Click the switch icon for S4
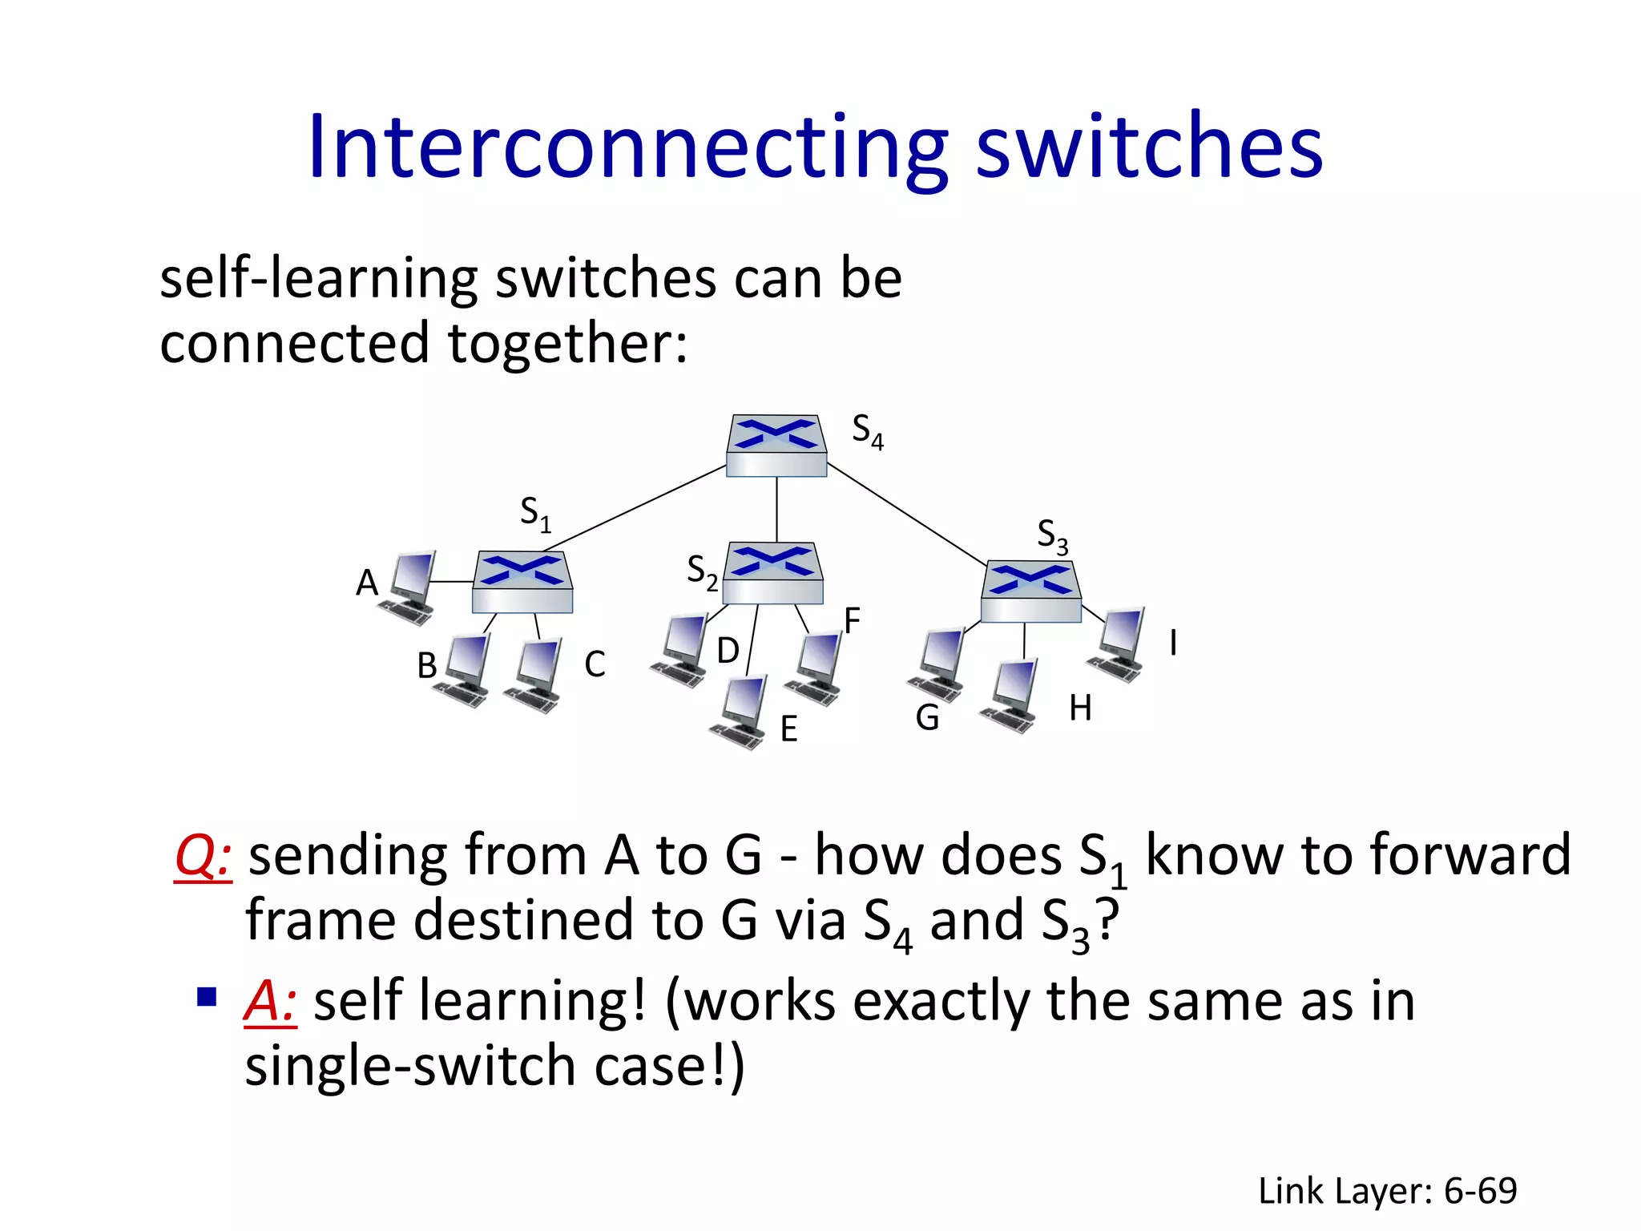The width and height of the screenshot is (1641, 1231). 776,446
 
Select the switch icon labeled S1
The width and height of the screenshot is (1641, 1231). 522,582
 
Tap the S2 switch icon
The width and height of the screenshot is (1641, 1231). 773,573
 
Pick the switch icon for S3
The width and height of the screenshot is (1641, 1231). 1031,591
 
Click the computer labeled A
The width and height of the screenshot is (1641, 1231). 409,587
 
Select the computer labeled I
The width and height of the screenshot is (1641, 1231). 1118,644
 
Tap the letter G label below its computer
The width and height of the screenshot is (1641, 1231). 927,718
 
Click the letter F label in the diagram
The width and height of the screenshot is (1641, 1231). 852,620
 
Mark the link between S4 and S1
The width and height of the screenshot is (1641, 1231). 635,508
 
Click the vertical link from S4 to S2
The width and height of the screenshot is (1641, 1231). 776,510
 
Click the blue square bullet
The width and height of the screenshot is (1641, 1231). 208,997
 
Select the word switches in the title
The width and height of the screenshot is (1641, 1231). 1149,147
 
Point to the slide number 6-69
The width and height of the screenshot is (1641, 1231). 1480,1191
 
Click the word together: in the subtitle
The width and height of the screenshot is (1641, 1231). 567,343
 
